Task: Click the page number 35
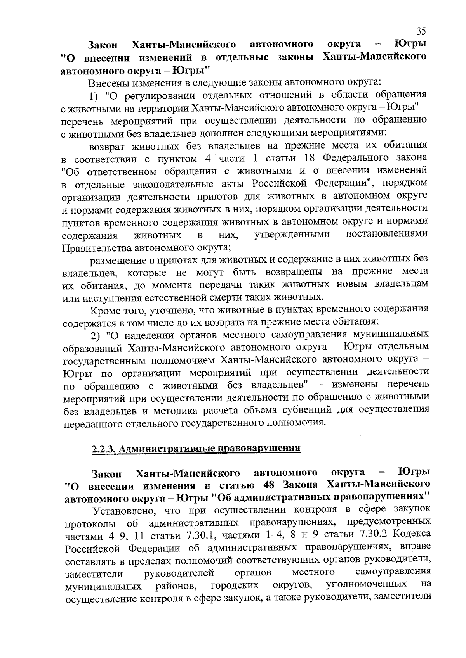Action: (x=421, y=31)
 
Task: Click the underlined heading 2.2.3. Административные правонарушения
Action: (x=196, y=449)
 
